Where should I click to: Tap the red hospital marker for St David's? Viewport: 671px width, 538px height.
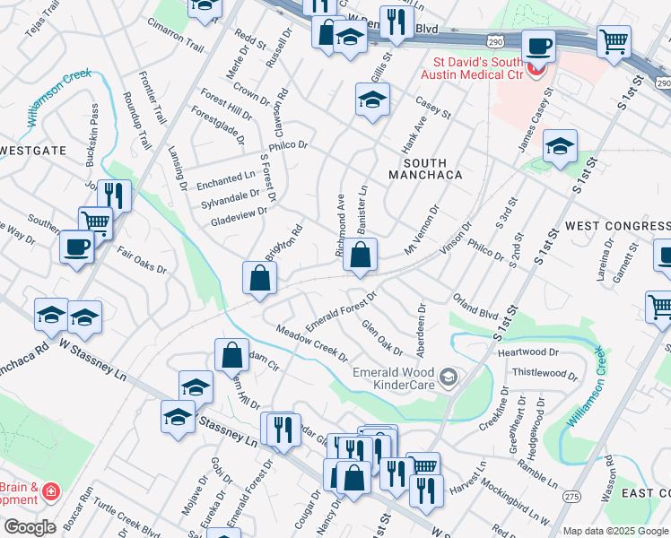[x=536, y=69]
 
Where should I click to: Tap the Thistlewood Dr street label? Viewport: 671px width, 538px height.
[x=545, y=372]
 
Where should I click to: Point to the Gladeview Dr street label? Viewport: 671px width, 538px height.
[x=239, y=213]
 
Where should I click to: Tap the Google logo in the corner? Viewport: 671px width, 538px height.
[x=30, y=527]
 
